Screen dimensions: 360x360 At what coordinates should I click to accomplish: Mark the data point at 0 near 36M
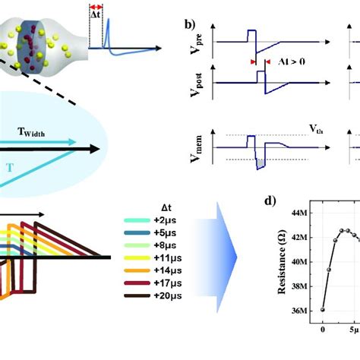[x=324, y=309]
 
